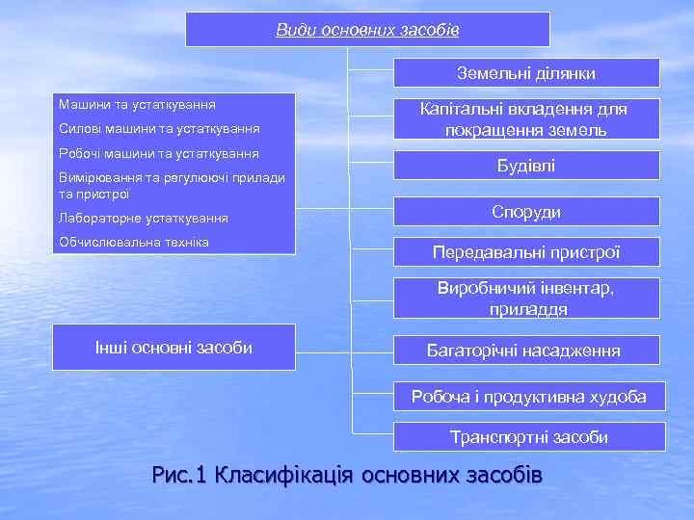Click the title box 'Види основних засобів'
[x=367, y=30]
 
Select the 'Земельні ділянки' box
[x=525, y=73]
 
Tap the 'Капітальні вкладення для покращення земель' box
[x=525, y=119]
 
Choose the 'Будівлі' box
[x=525, y=167]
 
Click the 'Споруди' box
[x=525, y=212]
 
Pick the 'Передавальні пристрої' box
[x=525, y=252]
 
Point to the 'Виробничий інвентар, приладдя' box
[x=525, y=299]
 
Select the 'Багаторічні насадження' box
[x=525, y=351]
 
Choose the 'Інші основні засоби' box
[x=173, y=348]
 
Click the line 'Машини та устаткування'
[x=137, y=103]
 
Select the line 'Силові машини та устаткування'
[x=159, y=128]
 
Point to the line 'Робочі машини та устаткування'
[x=159, y=153]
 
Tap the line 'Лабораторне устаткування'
[x=144, y=219]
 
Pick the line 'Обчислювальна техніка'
[x=134, y=241]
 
